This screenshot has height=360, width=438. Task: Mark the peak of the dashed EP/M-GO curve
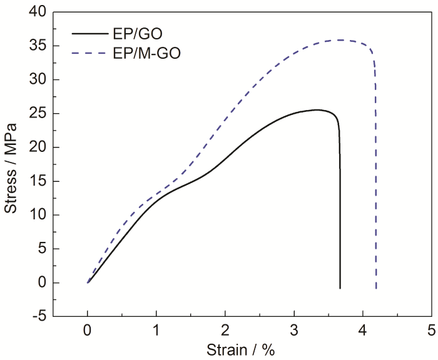pos(340,40)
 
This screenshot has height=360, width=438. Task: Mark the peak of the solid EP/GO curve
pos(316,110)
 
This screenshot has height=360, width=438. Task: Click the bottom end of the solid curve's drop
pos(340,288)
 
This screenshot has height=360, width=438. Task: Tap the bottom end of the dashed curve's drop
pos(376,289)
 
